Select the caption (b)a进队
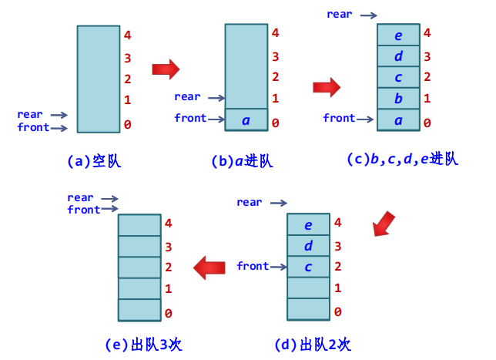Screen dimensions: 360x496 pos(242,162)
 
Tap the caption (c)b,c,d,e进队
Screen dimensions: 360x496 pos(402,159)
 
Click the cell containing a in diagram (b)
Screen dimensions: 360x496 pos(246,120)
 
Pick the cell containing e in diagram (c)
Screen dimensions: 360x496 pos(398,35)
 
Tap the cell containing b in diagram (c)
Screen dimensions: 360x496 pos(398,99)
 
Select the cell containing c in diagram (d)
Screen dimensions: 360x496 pos(308,267)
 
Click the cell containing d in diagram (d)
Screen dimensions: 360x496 pos(308,247)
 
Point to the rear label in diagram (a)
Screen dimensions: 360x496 pos(30,115)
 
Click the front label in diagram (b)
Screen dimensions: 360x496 pos(190,118)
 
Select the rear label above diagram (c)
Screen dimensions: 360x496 pos(340,14)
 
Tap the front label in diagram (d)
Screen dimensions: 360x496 pos(253,266)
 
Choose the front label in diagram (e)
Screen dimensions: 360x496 pos(83,210)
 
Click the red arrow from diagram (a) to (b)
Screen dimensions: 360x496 pos(165,70)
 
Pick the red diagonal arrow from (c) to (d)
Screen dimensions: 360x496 pos(383,225)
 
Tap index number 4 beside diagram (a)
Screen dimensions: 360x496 pos(128,35)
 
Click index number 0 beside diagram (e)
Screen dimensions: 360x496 pos(168,313)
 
